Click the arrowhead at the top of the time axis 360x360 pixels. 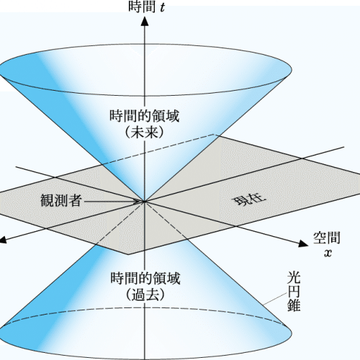click(144, 21)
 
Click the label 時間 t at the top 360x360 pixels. click(147, 6)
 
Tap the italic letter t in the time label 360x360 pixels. click(163, 7)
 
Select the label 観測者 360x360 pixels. click(61, 200)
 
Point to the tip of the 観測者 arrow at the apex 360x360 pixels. click(143, 202)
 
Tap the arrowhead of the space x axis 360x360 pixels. click(303, 243)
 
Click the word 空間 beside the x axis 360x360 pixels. click(327, 238)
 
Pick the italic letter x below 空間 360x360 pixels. click(328, 253)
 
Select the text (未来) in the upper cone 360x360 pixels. click(145, 132)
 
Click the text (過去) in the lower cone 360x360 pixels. click(145, 294)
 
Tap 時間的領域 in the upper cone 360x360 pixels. click(145, 116)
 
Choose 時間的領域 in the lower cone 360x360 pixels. click(145, 279)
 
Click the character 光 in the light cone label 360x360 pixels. click(294, 278)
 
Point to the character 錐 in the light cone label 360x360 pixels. click(294, 305)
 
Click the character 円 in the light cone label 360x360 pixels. click(294, 292)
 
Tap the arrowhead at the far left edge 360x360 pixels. click(2, 240)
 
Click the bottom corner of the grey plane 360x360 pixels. click(128, 254)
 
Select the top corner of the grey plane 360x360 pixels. click(215, 135)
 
